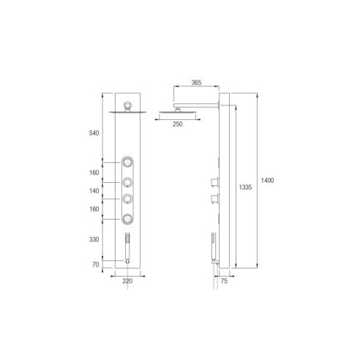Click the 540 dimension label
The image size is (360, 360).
click(94, 133)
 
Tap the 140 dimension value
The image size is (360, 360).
click(94, 191)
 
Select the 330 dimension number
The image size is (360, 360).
click(94, 239)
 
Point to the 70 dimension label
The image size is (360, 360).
click(96, 264)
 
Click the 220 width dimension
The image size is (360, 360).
click(127, 281)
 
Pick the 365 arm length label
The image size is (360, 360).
click(196, 83)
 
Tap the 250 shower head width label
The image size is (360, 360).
click(178, 124)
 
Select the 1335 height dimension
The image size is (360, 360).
click(245, 187)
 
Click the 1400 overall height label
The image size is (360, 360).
click(267, 181)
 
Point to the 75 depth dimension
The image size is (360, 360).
click(224, 281)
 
